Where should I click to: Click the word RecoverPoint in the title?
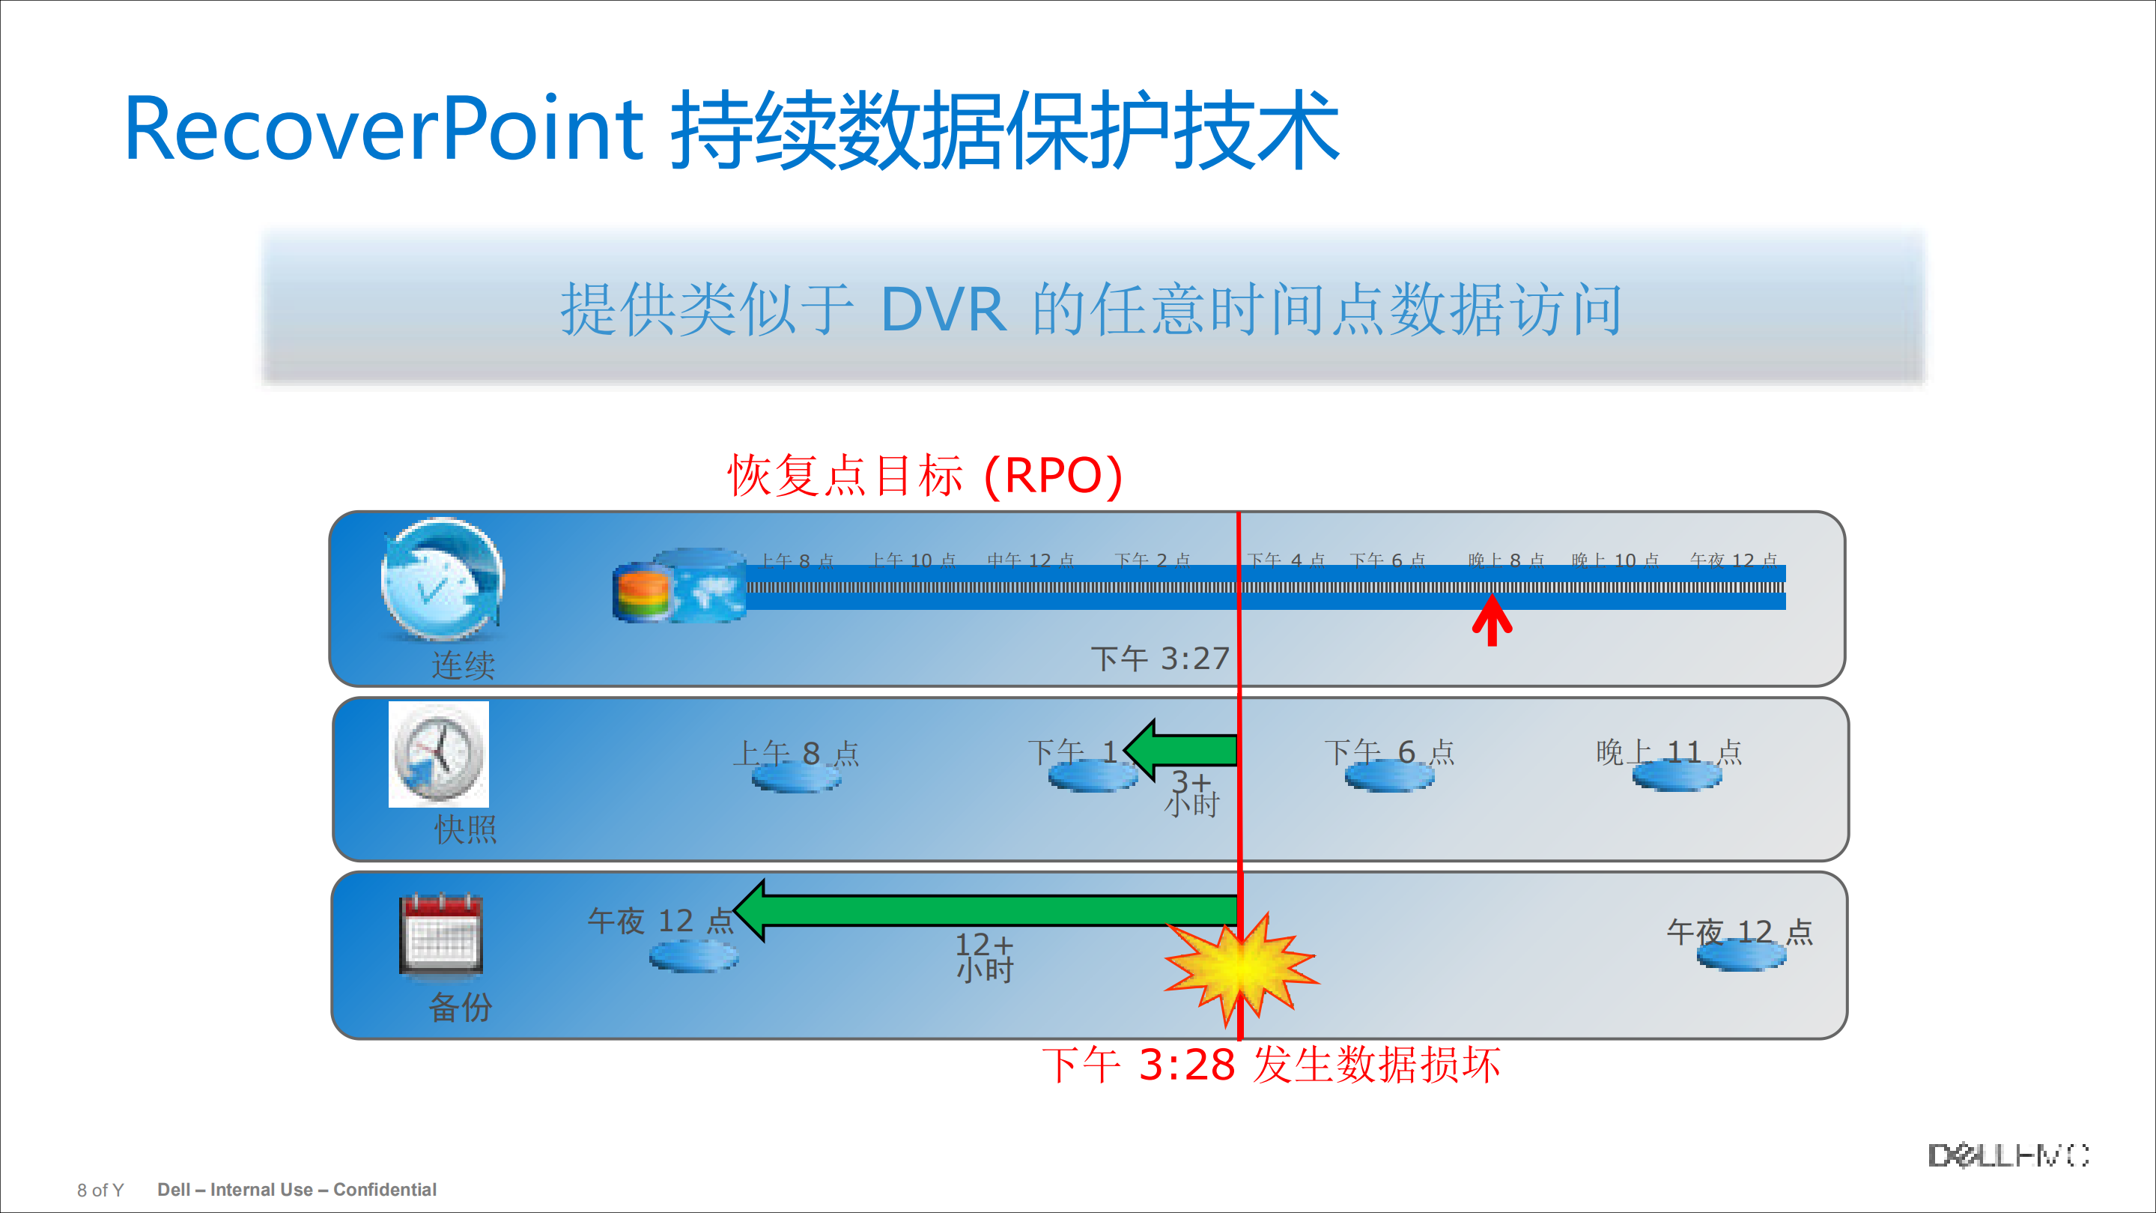(x=383, y=130)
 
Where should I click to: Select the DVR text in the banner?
(x=944, y=309)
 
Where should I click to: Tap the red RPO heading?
(x=924, y=476)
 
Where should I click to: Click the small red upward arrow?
(x=1492, y=620)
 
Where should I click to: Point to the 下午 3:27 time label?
(x=1159, y=659)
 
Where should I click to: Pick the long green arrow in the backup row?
(x=988, y=910)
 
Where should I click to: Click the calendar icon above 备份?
(x=441, y=934)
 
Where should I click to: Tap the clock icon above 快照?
(x=439, y=754)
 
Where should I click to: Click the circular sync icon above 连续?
(x=441, y=579)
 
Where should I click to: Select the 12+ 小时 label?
(x=984, y=957)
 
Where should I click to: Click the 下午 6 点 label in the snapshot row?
(x=1388, y=751)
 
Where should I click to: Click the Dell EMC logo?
(x=2008, y=1155)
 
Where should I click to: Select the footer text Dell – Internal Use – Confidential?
(x=297, y=1190)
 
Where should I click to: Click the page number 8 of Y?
(x=100, y=1191)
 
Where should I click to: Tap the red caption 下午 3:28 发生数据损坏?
(x=1271, y=1065)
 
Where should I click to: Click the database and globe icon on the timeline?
(x=680, y=586)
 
